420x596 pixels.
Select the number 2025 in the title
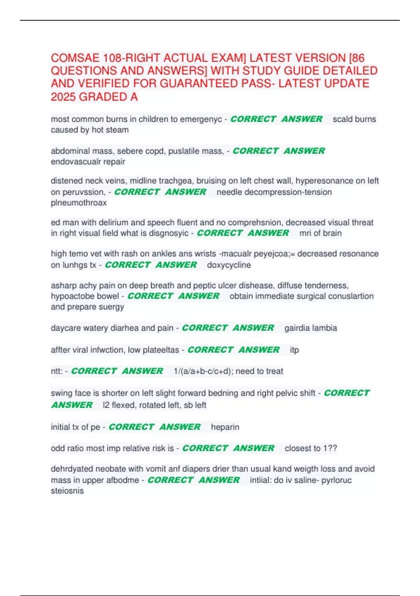63,97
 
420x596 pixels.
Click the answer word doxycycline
229,265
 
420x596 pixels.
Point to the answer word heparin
225,427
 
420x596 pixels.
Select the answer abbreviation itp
294,350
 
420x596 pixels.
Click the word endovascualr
88,162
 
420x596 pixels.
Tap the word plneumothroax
79,203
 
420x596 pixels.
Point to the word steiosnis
67,491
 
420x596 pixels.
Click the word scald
343,119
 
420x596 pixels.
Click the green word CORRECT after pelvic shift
346,393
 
